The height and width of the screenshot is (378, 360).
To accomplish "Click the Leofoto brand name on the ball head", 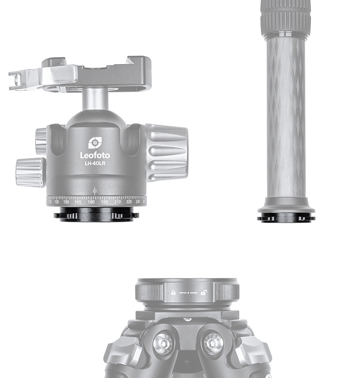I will pyautogui.click(x=95, y=155).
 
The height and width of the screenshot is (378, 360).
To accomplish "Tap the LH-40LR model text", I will pyautogui.click(x=95, y=164).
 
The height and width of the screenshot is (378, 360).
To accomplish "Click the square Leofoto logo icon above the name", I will pyautogui.click(x=95, y=143).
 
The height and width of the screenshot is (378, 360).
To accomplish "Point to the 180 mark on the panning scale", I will pyautogui.click(x=91, y=202).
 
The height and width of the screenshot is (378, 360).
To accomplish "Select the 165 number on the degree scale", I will pyautogui.click(x=77, y=202).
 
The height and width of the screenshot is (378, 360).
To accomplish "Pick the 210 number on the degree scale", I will pyautogui.click(x=118, y=202).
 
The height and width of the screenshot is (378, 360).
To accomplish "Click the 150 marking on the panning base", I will pyautogui.click(x=66, y=202).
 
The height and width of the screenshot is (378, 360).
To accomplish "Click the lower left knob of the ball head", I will pyautogui.click(x=30, y=172).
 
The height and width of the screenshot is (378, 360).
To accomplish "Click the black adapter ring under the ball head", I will pyautogui.click(x=96, y=215).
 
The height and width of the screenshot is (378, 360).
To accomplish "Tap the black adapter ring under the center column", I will pyautogui.click(x=286, y=218).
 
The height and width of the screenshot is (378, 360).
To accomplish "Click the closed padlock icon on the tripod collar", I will pyautogui.click(x=173, y=293).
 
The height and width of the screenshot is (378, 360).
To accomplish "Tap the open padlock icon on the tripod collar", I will pyautogui.click(x=203, y=293).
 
